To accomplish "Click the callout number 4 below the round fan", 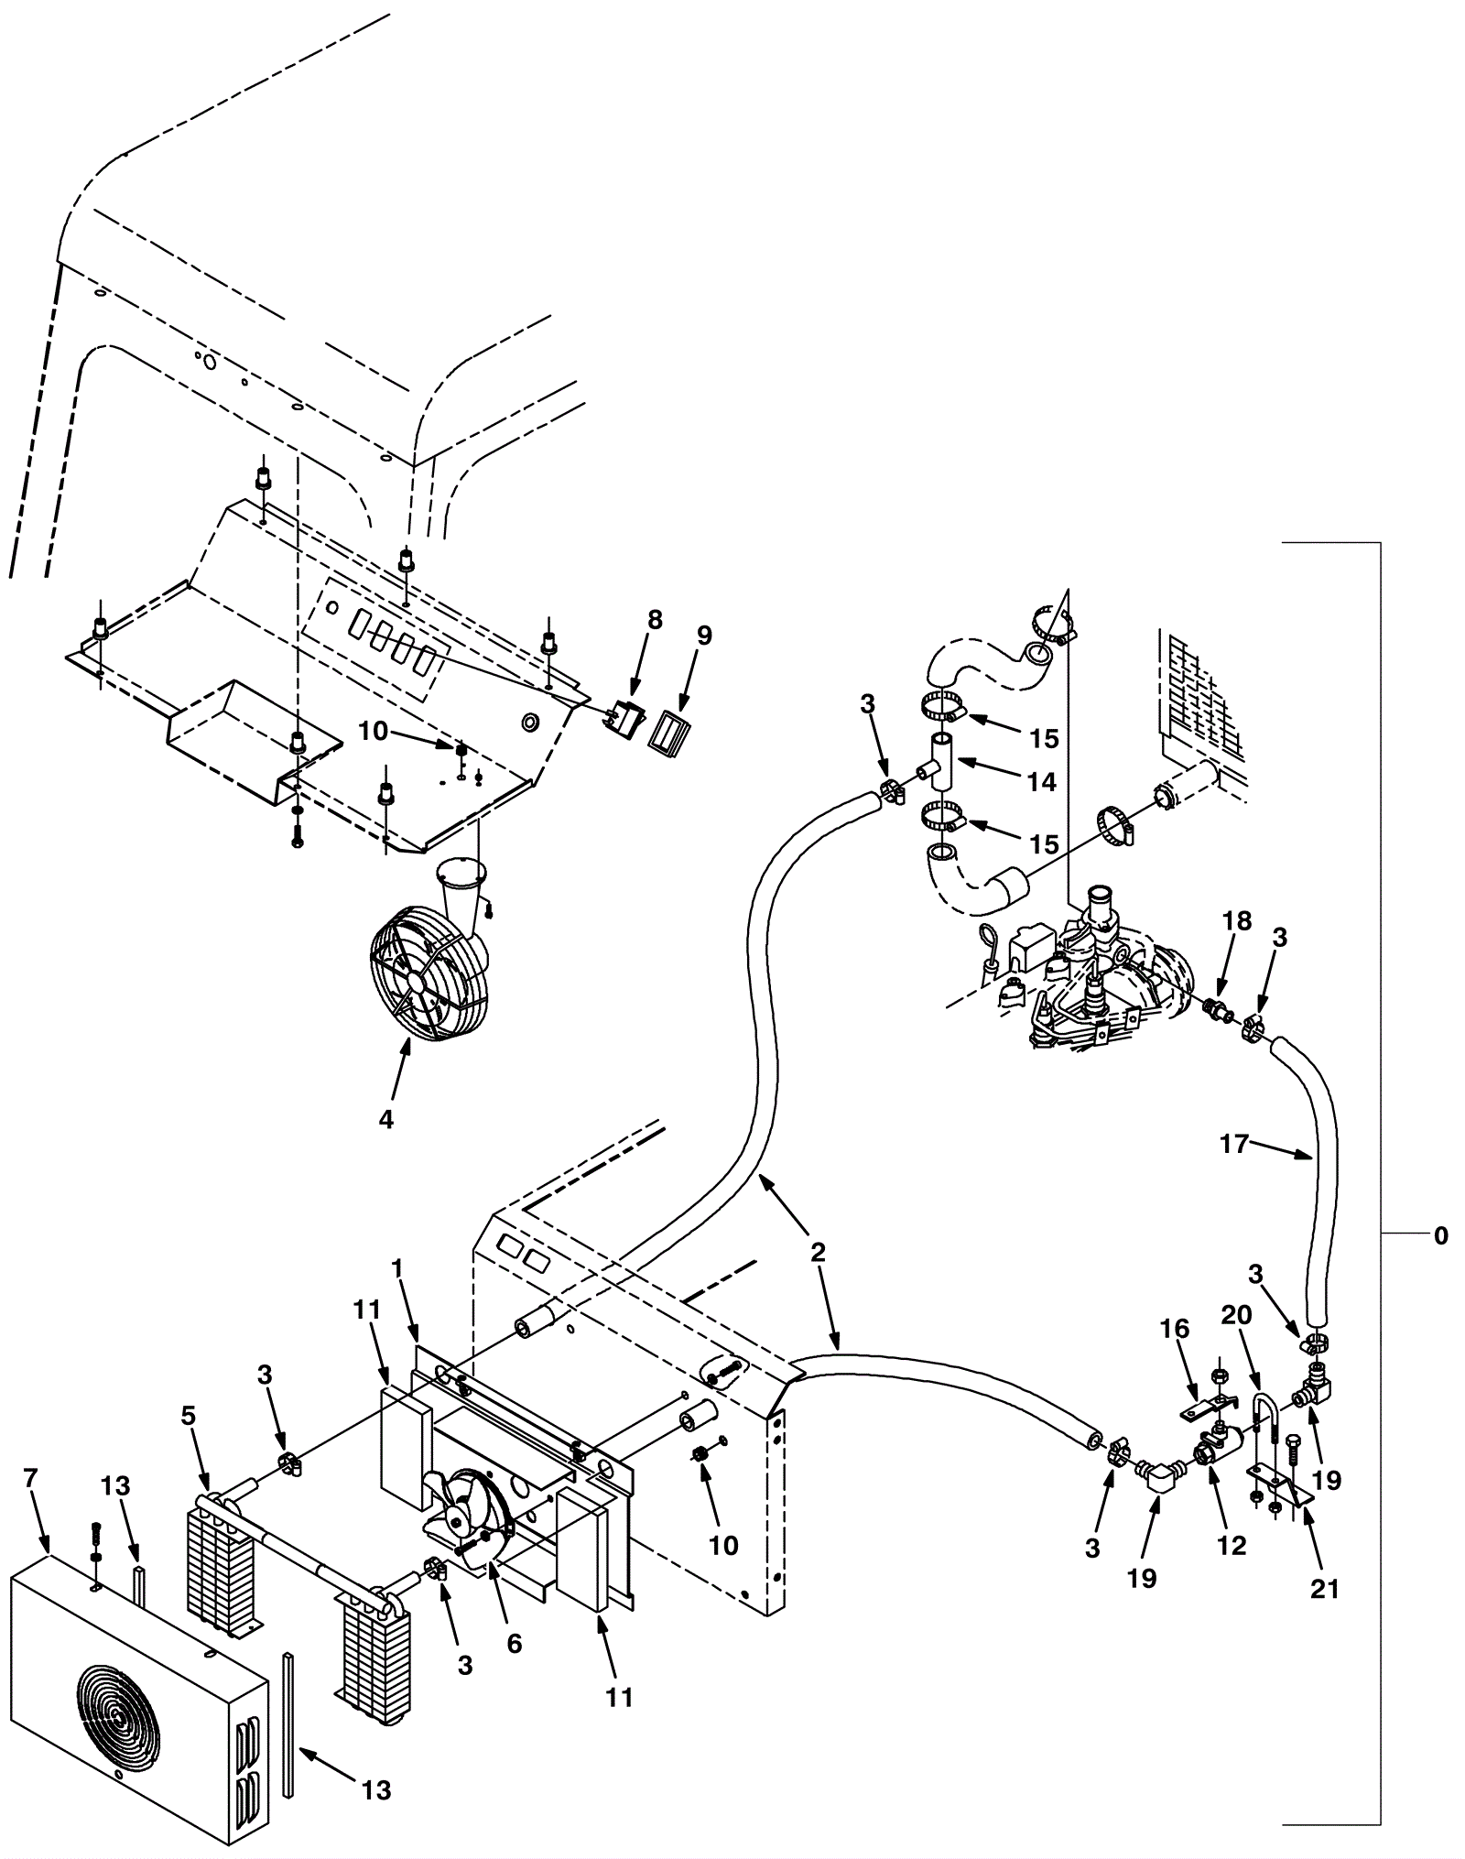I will coord(386,1119).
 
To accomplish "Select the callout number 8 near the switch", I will coord(654,620).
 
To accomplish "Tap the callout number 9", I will coord(703,636).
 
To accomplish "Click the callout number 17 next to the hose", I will coord(1234,1144).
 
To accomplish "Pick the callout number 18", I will coord(1237,922).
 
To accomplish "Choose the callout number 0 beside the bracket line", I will coord(1440,1236).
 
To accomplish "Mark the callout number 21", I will coord(1324,1589).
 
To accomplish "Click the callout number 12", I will coord(1232,1545).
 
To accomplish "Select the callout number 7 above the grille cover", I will coord(30,1478).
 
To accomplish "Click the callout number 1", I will coord(397,1268).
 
